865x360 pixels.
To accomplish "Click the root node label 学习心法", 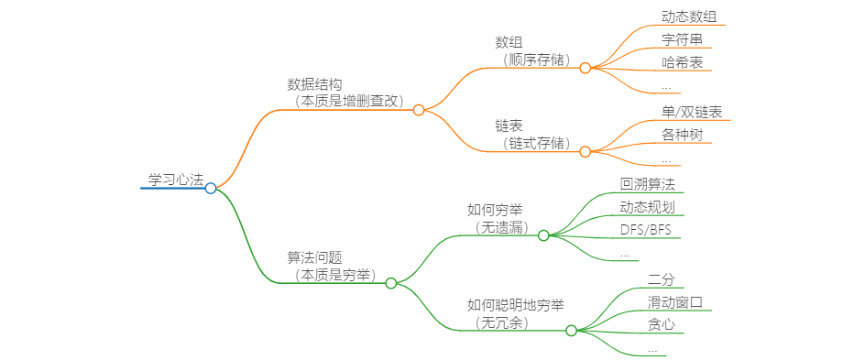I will pyautogui.click(x=175, y=180).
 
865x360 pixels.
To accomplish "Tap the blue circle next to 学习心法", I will pyautogui.click(x=211, y=188).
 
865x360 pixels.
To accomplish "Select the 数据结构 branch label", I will pyautogui.click(x=315, y=84).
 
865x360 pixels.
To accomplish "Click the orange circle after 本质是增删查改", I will pyautogui.click(x=419, y=110).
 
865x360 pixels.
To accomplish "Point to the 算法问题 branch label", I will pyautogui.click(x=315, y=258).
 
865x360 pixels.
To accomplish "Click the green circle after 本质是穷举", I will pyautogui.click(x=391, y=283).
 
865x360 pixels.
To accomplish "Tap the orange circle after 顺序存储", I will pyautogui.click(x=586, y=67).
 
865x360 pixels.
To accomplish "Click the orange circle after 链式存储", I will pyautogui.click(x=586, y=151).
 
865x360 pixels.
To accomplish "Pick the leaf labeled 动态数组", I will pyautogui.click(x=689, y=16).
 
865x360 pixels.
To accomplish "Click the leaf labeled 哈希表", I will pyautogui.click(x=683, y=63).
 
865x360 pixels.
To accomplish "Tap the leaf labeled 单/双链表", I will pyautogui.click(x=691, y=112).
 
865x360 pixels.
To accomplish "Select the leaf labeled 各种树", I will pyautogui.click(x=683, y=136).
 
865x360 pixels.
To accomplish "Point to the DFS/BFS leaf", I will pyautogui.click(x=646, y=229).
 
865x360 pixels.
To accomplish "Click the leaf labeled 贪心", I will pyautogui.click(x=662, y=324).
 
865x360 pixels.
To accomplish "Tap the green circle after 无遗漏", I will pyautogui.click(x=543, y=235).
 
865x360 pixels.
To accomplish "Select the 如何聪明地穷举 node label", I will pyautogui.click(x=516, y=305).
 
